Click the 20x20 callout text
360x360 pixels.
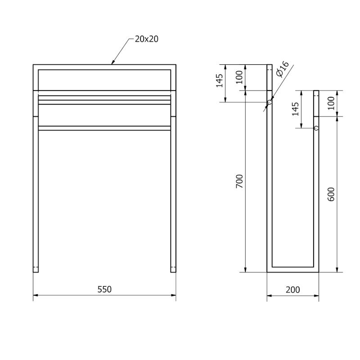(x=146, y=39)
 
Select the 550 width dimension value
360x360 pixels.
(x=104, y=289)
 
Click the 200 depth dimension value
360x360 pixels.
(x=292, y=290)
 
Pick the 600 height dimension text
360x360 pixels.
(x=332, y=193)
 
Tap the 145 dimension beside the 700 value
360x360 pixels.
(x=219, y=81)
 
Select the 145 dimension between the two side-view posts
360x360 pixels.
(x=296, y=109)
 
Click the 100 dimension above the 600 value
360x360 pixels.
(x=332, y=103)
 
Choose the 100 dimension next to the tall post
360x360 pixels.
(x=239, y=77)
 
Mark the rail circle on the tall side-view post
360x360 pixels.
(x=270, y=103)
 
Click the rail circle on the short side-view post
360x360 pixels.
(x=316, y=128)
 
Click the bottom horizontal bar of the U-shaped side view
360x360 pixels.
(x=293, y=270)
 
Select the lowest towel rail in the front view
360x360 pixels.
(x=104, y=128)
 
